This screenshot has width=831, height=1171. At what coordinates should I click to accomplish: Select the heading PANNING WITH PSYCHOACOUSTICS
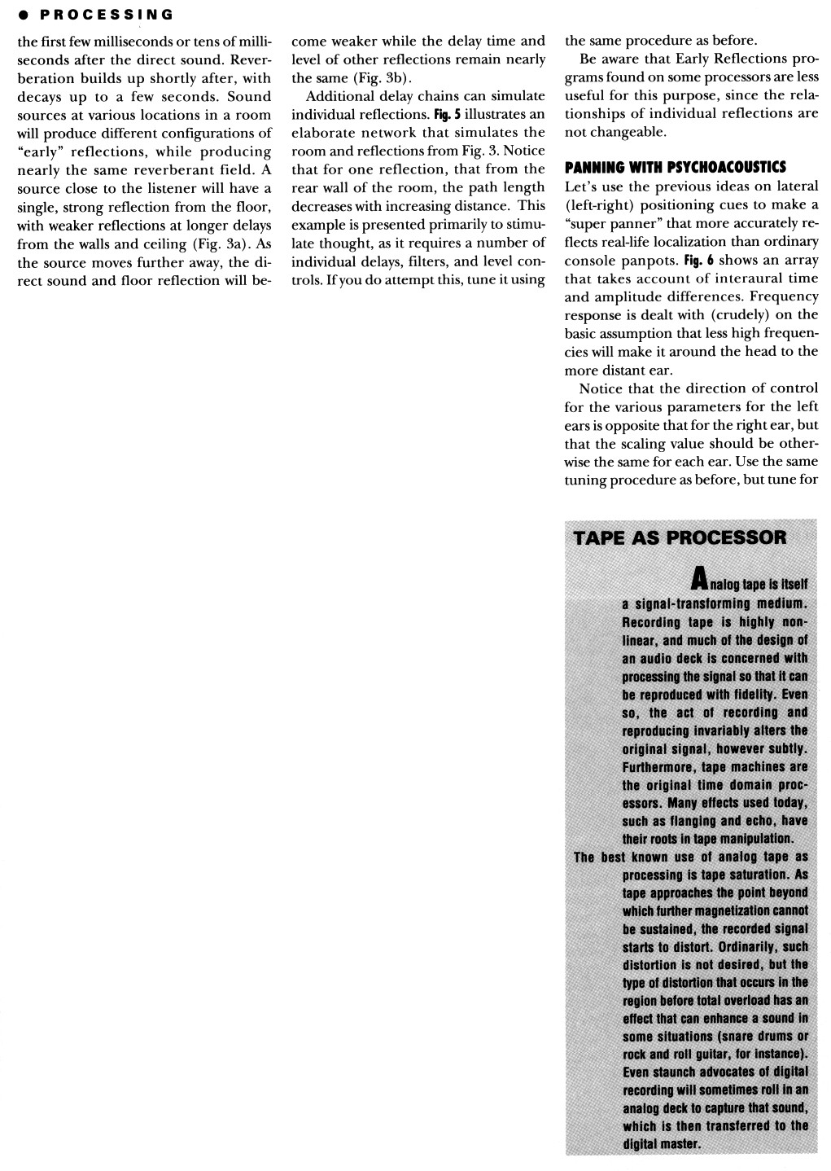point(676,168)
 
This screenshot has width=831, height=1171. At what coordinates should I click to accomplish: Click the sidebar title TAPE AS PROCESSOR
point(680,537)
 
